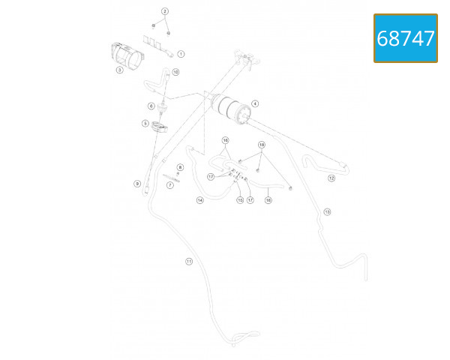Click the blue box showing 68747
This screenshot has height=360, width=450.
[x=406, y=38]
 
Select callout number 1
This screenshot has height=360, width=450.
[x=181, y=55]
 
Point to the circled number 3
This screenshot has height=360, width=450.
[x=119, y=70]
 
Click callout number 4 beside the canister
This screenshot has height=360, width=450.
[x=255, y=103]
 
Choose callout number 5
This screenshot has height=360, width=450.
[x=145, y=123]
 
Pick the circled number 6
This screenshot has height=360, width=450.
[x=151, y=106]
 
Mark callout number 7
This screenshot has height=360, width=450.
[x=170, y=184]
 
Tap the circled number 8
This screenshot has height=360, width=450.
[x=180, y=167]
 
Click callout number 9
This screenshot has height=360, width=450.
[x=137, y=184]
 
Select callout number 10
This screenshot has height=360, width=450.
[x=175, y=73]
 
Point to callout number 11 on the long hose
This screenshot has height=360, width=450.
[x=189, y=261]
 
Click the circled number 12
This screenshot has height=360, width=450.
[x=331, y=178]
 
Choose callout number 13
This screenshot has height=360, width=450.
[x=327, y=212]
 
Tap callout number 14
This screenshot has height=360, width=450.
[x=200, y=200]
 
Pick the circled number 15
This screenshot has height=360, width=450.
[x=240, y=200]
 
